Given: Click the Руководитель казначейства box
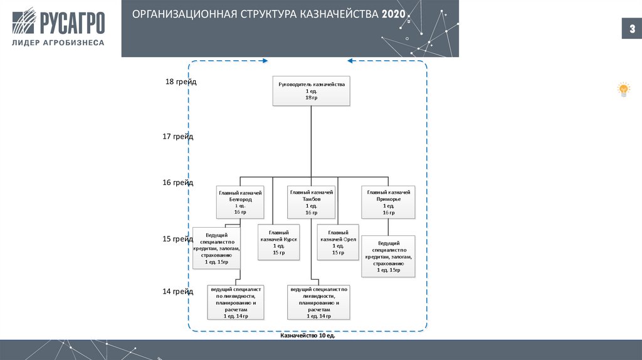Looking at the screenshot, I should pos(312,90).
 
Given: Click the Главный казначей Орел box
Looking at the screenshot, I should pos(338,241).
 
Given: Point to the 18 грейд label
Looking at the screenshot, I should pos(181,82).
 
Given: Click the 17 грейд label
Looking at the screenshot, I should pos(178,136).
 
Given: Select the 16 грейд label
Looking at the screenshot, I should pos(178,183).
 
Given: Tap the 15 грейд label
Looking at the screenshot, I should pos(178,239).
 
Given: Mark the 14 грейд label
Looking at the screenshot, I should pos(178,292).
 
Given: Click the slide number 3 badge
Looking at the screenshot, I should pos(631,29).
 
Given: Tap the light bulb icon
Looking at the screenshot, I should pos(623,90).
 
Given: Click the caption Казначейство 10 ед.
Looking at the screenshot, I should pos(308,336).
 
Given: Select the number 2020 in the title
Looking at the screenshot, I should pos(392,14).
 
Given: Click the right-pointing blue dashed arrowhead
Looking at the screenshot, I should pos(265,61).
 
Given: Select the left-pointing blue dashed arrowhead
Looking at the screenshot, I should pos(350,61).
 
